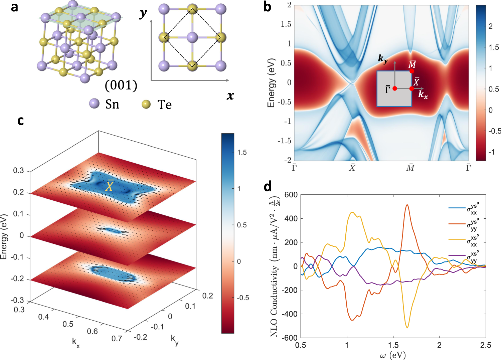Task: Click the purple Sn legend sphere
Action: (x=95, y=104)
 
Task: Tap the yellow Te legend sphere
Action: (x=146, y=104)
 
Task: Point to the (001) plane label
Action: (x=121, y=85)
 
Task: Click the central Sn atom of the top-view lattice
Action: (x=192, y=37)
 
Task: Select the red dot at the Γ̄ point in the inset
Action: (x=395, y=88)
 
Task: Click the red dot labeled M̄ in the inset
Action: (x=412, y=71)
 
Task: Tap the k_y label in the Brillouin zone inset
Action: (x=383, y=58)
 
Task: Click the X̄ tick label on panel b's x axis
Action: (x=352, y=168)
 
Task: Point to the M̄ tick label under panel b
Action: (x=410, y=168)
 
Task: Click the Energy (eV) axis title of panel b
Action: (x=271, y=83)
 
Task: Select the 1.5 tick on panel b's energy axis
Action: (x=286, y=24)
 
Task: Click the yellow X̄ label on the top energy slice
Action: (x=110, y=186)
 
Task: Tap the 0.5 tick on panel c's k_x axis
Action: (x=68, y=324)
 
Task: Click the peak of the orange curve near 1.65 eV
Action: (x=407, y=205)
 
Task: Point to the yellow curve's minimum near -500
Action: (x=407, y=328)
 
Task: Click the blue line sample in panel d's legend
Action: (x=457, y=208)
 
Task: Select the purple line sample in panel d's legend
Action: (x=457, y=256)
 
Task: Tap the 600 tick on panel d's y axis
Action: (x=291, y=195)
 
